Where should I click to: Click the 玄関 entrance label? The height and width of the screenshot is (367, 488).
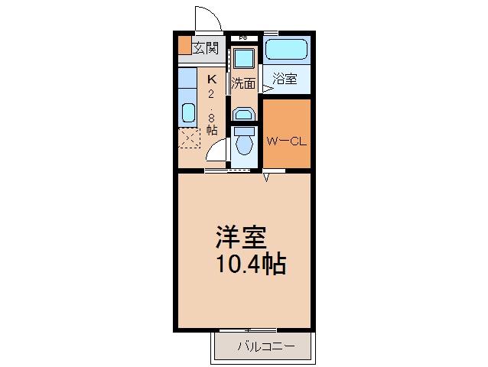tap(205, 48)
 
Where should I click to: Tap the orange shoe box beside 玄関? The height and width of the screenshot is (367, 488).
tap(184, 46)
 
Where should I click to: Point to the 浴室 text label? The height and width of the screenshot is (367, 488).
tap(285, 78)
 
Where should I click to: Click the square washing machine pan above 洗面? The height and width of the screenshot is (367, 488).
tap(244, 57)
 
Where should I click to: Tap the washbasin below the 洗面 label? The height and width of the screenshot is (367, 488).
tap(243, 114)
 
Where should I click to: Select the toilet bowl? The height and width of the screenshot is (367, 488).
tap(244, 142)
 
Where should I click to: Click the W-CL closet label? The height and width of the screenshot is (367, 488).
tap(286, 141)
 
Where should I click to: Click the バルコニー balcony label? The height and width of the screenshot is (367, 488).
tap(265, 346)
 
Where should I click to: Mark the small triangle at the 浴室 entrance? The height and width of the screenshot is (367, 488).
tap(267, 89)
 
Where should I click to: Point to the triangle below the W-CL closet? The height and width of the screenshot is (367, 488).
tap(267, 177)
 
